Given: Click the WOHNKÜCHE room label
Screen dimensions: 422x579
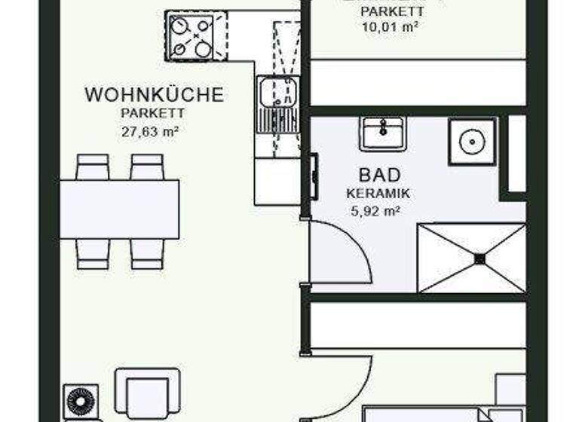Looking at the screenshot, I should (154, 95).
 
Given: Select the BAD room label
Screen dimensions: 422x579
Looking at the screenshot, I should (374, 175).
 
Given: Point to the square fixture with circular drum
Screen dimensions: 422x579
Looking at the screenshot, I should (472, 141).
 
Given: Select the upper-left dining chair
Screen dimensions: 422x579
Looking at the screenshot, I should (93, 167).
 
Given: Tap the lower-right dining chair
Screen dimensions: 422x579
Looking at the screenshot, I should (147, 253).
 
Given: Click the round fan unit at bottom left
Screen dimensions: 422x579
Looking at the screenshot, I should (80, 402).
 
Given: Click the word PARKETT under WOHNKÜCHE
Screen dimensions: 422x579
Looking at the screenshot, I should (153, 113).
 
